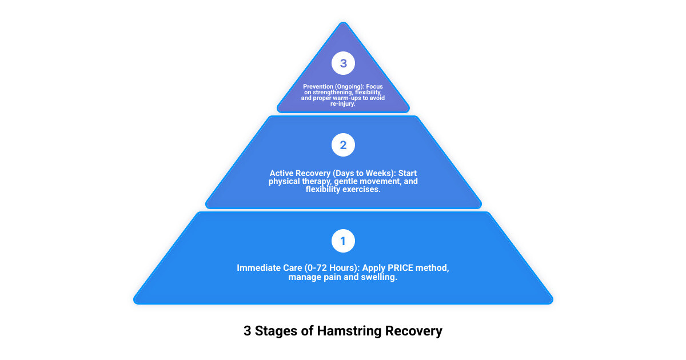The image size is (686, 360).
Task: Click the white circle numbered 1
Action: pyautogui.click(x=343, y=241)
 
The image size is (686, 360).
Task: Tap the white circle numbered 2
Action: pyautogui.click(x=343, y=145)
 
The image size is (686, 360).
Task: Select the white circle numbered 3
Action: pyautogui.click(x=343, y=63)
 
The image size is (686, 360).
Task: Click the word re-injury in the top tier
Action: pyautogui.click(x=343, y=104)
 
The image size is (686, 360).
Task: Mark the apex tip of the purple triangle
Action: pyautogui.click(x=343, y=23)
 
